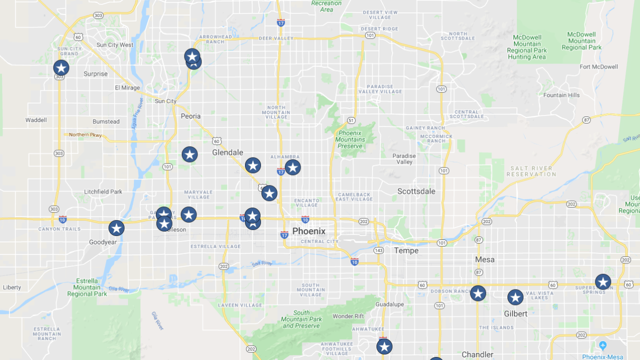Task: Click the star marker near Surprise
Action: (x=61, y=68)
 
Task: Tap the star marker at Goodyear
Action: (x=116, y=228)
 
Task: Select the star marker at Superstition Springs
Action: (x=603, y=282)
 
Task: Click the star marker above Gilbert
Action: (x=515, y=297)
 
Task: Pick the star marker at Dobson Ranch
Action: (x=478, y=293)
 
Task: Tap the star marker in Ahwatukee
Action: (x=384, y=346)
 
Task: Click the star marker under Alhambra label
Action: (x=293, y=167)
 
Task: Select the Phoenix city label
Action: (x=308, y=231)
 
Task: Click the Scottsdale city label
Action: (x=416, y=191)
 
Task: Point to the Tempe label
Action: (x=406, y=250)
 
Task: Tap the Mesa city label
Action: (x=484, y=259)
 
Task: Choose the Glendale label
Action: (x=227, y=152)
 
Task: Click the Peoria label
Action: (x=190, y=116)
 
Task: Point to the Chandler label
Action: (x=477, y=354)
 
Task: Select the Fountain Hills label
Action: (x=561, y=95)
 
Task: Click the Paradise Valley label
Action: (x=404, y=159)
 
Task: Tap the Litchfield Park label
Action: (x=103, y=191)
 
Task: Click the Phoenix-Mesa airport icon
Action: (x=602, y=345)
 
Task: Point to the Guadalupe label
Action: (x=389, y=304)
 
